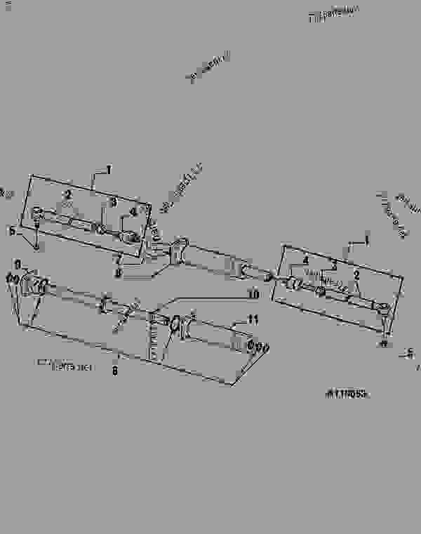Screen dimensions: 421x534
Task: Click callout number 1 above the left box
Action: point(109,169)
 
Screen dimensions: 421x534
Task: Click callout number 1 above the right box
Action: point(366,240)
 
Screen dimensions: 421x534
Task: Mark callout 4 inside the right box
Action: point(305,261)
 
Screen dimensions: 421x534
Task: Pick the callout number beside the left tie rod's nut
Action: point(11,229)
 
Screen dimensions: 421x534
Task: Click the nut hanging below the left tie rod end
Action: point(36,246)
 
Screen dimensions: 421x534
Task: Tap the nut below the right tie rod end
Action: point(384,342)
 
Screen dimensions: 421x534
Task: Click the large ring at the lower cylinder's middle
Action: point(173,325)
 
